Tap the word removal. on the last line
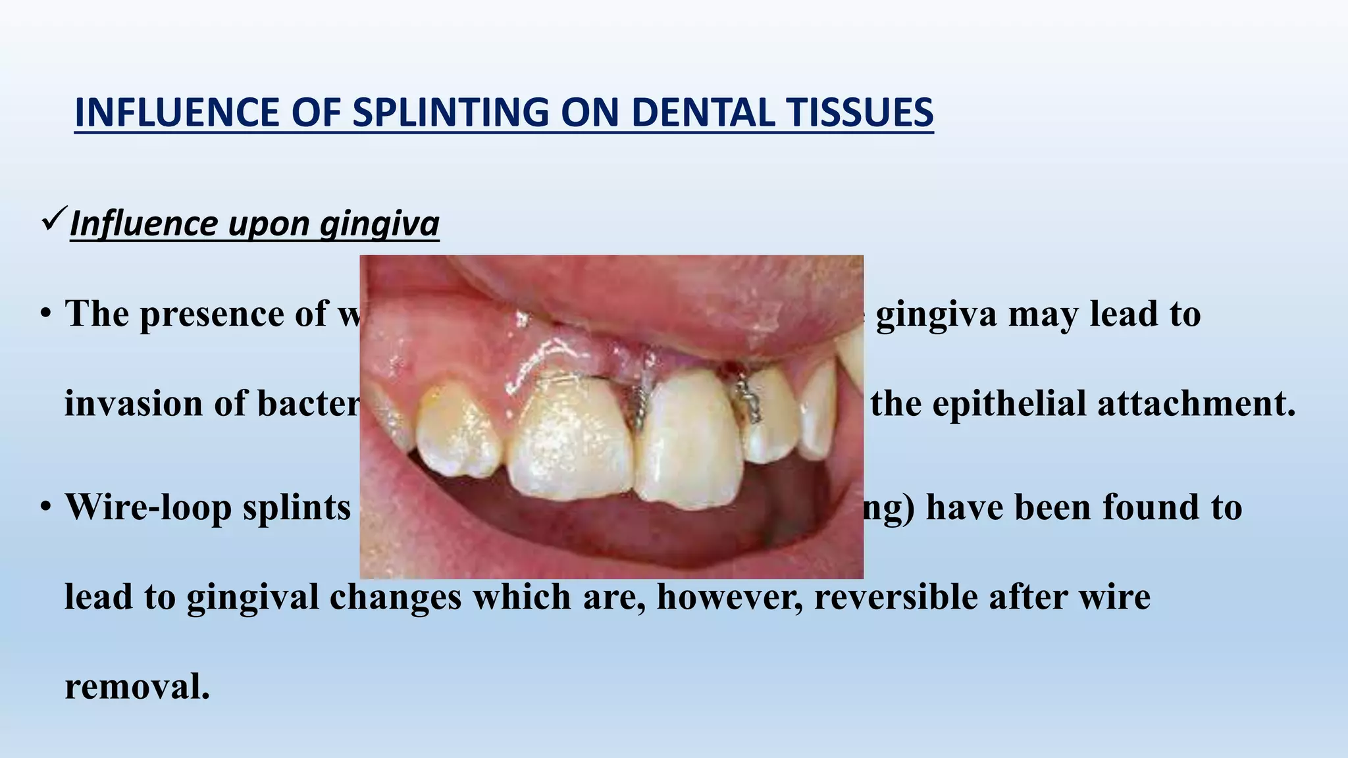[137, 686]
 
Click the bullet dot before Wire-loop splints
[45, 507]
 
